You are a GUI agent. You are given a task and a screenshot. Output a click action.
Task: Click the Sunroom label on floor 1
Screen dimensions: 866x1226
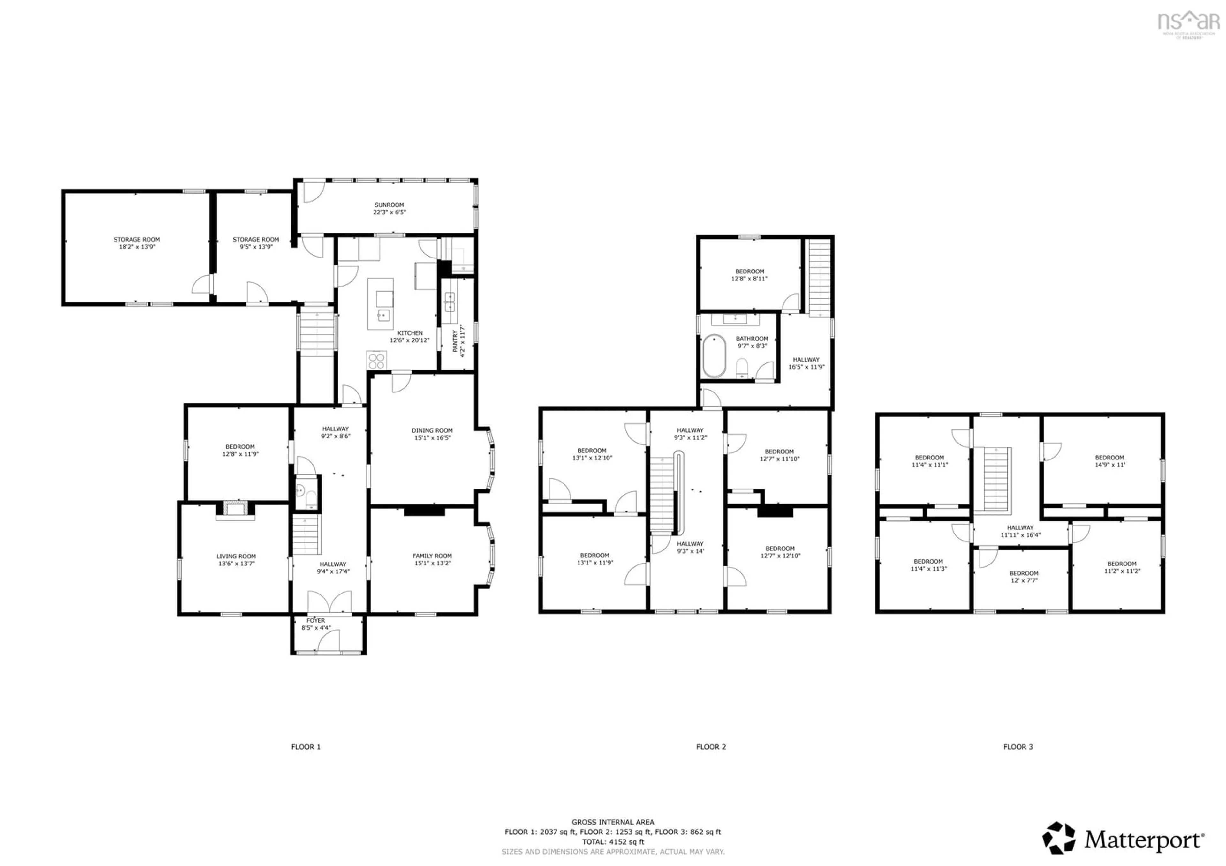(389, 208)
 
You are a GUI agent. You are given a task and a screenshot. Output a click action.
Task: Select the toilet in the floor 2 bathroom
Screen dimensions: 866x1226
(742, 367)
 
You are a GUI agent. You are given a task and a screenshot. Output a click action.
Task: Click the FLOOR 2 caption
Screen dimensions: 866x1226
(711, 746)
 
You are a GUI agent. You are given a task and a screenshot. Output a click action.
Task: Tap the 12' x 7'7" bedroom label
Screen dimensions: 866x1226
(1024, 577)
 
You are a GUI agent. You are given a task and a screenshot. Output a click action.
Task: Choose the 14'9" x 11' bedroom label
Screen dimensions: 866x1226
(1109, 461)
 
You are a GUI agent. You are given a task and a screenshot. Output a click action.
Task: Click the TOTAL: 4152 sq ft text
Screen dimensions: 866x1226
(613, 841)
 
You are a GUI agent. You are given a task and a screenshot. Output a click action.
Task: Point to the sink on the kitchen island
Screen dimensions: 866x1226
(383, 315)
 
